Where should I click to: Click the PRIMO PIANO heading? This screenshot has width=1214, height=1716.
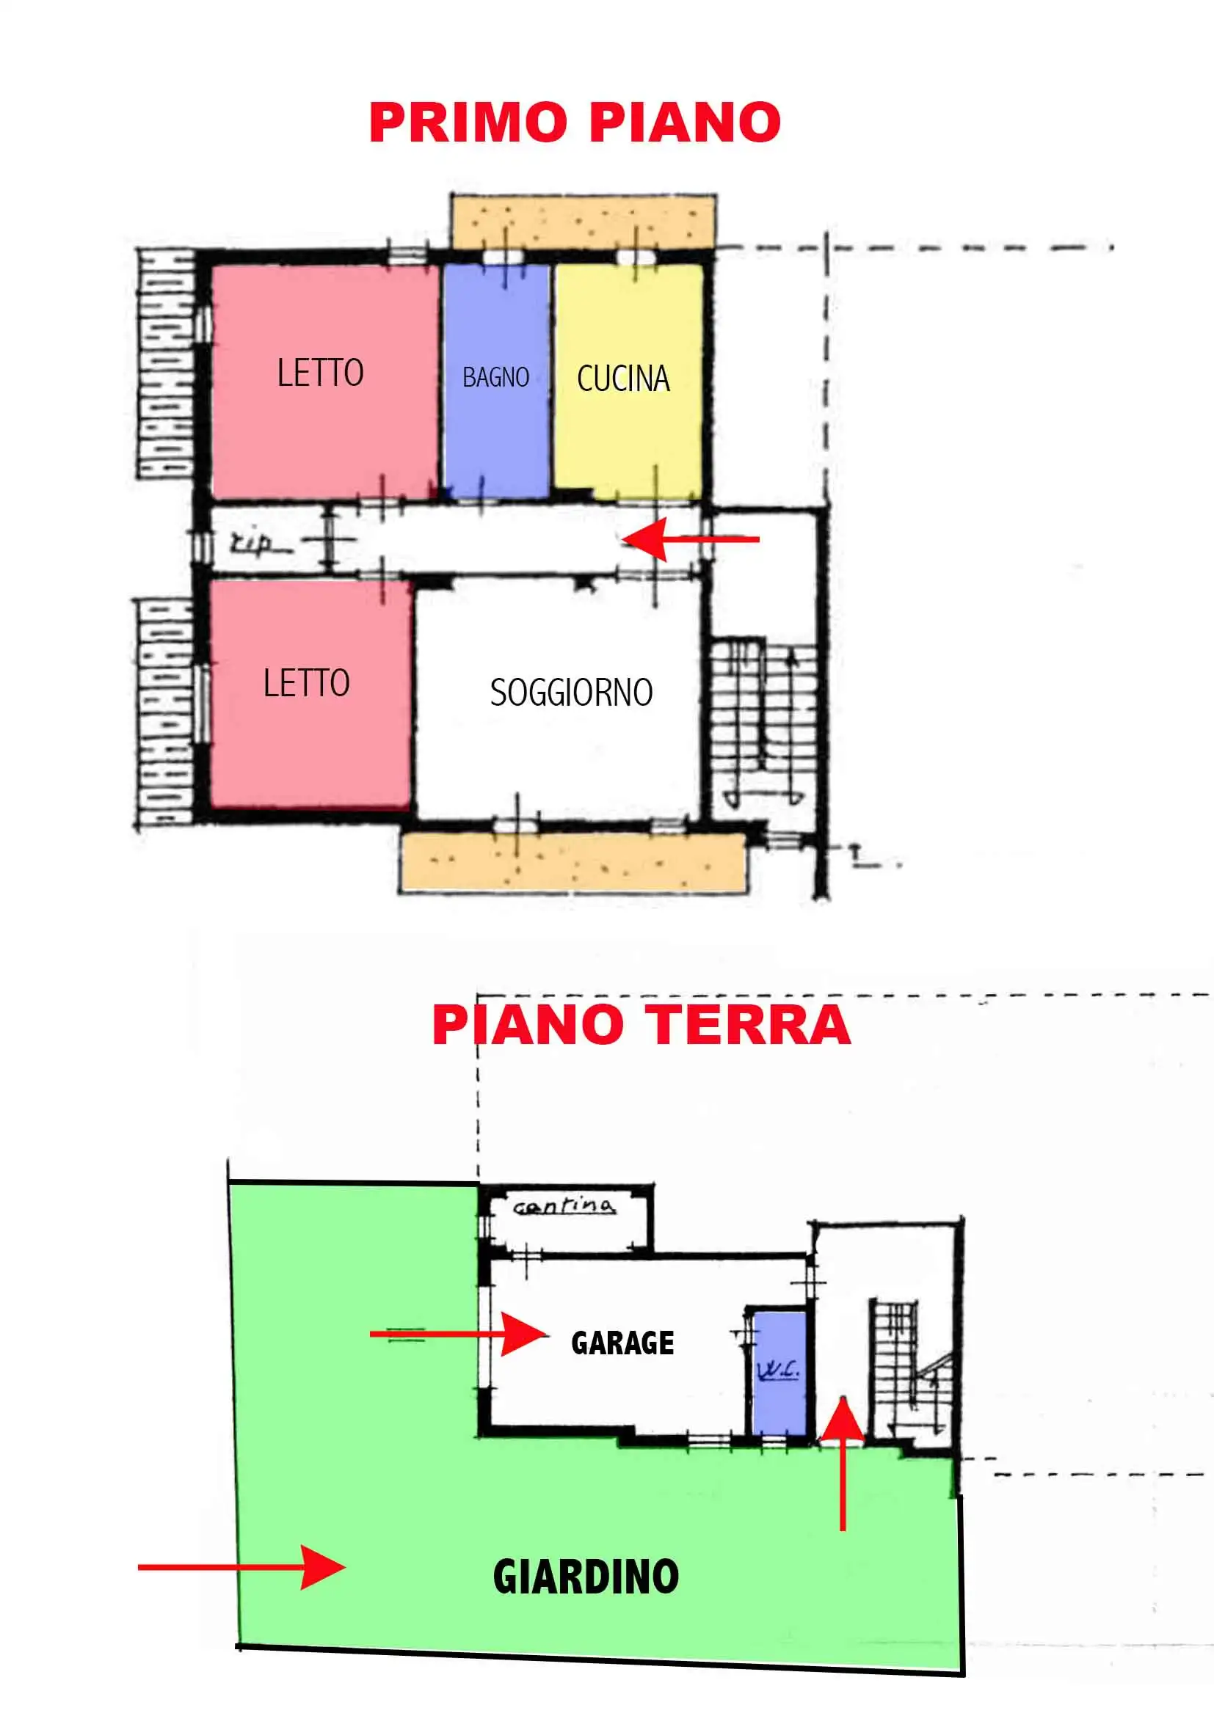click(575, 122)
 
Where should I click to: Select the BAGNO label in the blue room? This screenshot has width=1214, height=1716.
click(495, 376)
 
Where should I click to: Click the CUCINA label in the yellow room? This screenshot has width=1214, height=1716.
click(623, 378)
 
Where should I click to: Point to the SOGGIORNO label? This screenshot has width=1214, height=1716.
click(571, 692)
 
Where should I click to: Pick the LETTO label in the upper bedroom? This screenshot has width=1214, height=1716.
click(320, 372)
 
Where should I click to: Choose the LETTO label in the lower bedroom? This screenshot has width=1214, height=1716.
click(307, 682)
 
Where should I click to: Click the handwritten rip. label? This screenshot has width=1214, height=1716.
click(252, 543)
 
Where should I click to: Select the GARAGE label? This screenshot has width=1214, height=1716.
click(622, 1343)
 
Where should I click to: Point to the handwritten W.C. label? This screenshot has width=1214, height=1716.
click(778, 1370)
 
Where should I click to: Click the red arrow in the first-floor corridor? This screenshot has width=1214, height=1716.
click(690, 539)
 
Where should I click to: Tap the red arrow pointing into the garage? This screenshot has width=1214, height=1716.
click(459, 1334)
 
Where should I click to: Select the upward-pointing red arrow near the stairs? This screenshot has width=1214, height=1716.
click(843, 1464)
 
